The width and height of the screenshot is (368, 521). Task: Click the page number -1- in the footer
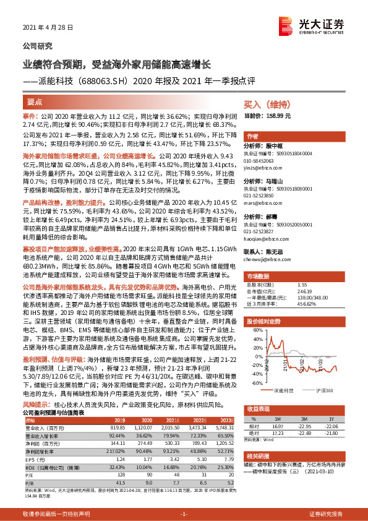pyautogui.click(x=184, y=514)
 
